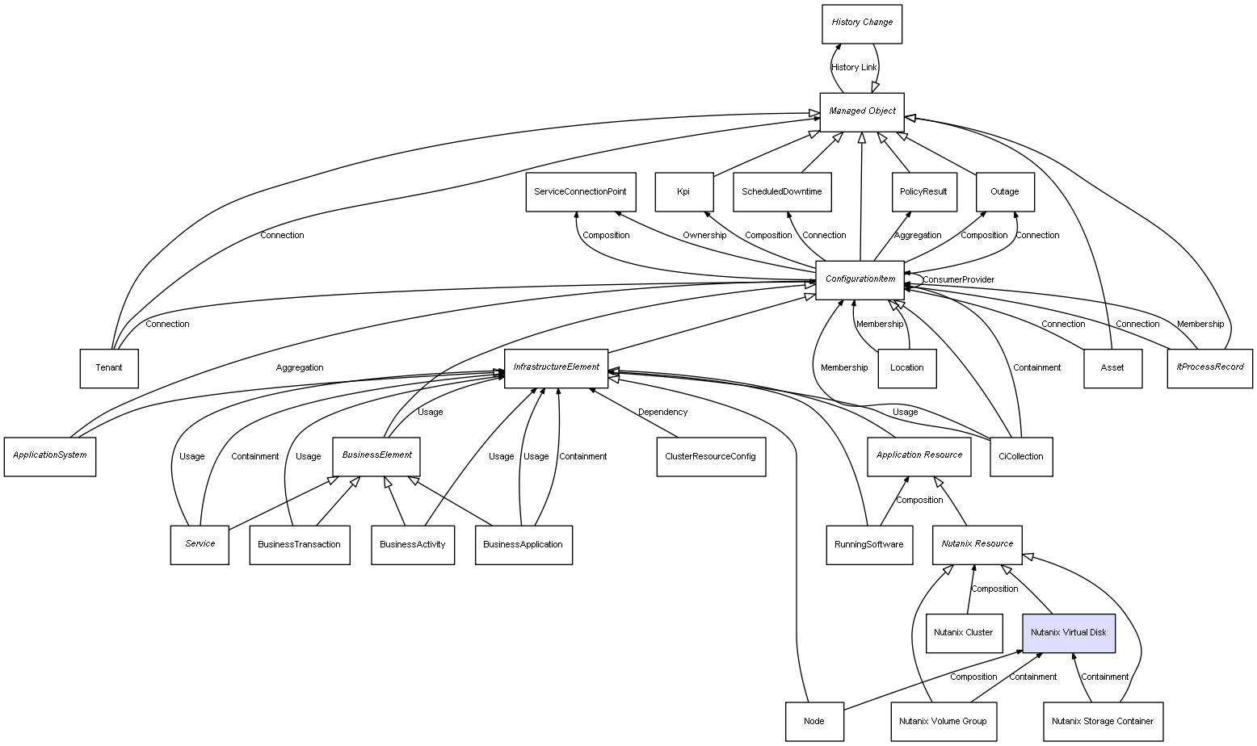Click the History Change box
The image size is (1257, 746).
[x=861, y=23]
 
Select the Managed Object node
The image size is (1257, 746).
[x=861, y=111]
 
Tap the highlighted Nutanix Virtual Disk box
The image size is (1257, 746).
[x=1068, y=633]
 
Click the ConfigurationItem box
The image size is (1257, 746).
[x=860, y=279]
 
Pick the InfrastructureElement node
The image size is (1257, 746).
[x=556, y=368]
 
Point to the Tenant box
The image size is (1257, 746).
[x=109, y=368]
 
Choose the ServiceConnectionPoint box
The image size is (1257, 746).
[x=580, y=192]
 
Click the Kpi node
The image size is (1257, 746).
[x=683, y=192]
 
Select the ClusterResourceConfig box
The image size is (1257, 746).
[x=710, y=457]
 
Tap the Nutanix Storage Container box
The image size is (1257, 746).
[x=1102, y=721]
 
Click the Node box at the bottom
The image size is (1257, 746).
[x=814, y=721]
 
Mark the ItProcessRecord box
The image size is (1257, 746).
[x=1209, y=368]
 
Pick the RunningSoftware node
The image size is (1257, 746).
[x=868, y=545]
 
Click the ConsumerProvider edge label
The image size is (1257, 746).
[x=958, y=280]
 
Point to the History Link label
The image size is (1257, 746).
[x=854, y=68]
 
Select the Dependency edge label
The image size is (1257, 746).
[x=662, y=413]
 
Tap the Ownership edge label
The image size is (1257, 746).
[x=704, y=236]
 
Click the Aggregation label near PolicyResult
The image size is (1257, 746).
[x=917, y=236]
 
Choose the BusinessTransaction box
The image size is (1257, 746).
[x=299, y=545]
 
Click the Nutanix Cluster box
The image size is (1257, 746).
[x=963, y=633]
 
